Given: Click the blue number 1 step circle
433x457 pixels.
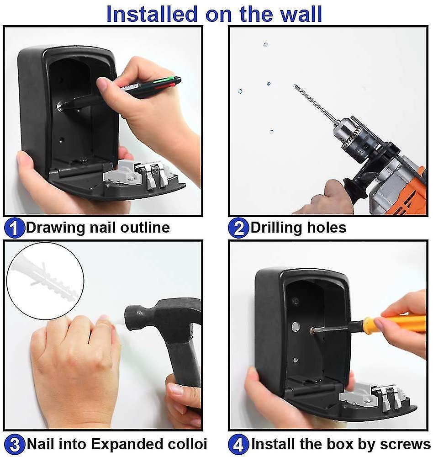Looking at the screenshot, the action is (x=14, y=228).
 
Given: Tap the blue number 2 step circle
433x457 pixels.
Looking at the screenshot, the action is (x=238, y=228).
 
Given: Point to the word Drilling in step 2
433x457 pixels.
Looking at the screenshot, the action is (x=276, y=228).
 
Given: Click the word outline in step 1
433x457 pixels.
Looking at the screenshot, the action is (x=145, y=227).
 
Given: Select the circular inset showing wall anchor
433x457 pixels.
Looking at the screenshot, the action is (x=45, y=281).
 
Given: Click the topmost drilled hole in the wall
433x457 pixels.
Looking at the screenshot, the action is (x=265, y=45).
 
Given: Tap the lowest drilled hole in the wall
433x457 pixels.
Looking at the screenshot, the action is (x=272, y=132).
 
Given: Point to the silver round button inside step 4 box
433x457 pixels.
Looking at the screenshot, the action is (x=296, y=326).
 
